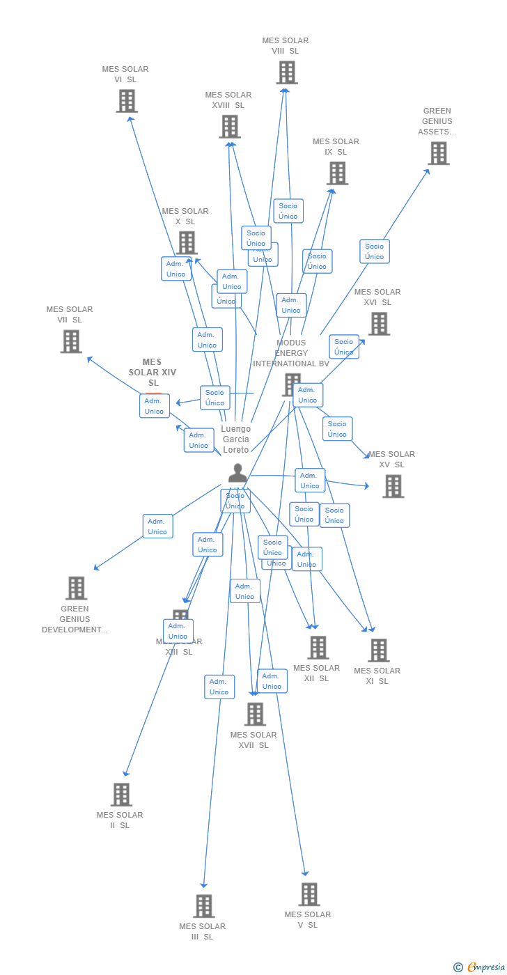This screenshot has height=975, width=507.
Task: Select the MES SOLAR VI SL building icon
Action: click(x=126, y=101)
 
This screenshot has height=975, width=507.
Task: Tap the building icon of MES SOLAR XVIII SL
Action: click(x=230, y=127)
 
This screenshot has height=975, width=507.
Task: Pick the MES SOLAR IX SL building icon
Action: click(x=337, y=173)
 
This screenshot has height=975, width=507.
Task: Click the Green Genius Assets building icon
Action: click(x=438, y=153)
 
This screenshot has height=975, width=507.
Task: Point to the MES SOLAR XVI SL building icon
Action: click(x=379, y=324)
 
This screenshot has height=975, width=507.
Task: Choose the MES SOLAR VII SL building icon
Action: click(x=71, y=341)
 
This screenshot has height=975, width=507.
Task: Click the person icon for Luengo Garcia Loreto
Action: click(x=237, y=474)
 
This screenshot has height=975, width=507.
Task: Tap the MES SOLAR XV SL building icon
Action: click(x=393, y=486)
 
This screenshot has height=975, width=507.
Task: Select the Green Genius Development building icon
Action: click(x=76, y=588)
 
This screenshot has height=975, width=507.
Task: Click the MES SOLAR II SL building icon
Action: click(x=121, y=795)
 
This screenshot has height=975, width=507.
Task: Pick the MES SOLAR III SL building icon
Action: click(x=203, y=906)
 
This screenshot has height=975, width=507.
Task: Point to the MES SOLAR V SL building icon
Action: click(x=309, y=894)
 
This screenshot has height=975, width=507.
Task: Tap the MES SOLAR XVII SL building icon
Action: click(x=255, y=714)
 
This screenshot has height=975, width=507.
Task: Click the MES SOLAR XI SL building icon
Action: click(x=378, y=650)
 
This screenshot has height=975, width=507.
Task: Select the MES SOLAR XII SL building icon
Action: click(x=318, y=648)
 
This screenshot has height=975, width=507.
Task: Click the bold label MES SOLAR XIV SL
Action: click(x=153, y=373)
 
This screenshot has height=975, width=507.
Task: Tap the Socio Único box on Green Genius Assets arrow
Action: click(x=375, y=251)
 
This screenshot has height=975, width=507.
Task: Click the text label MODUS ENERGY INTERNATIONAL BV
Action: click(x=291, y=353)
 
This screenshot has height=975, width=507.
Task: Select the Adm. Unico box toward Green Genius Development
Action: click(x=157, y=526)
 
